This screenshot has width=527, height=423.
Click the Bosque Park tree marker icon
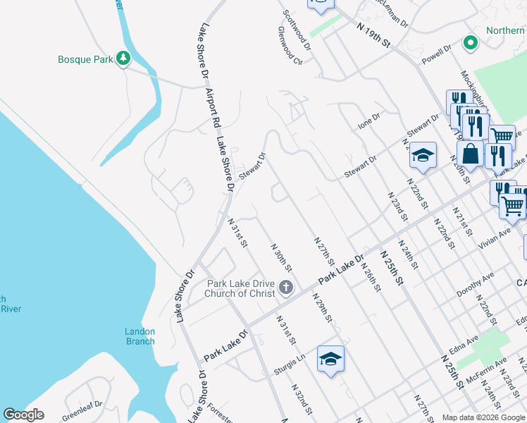click(x=124, y=58)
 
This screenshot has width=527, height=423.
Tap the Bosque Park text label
click(x=85, y=59)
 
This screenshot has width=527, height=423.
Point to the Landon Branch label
click(x=139, y=336)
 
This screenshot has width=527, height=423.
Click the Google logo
click(x=23, y=415)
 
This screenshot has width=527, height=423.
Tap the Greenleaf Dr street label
click(x=82, y=406)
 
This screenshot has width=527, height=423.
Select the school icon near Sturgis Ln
click(x=330, y=359)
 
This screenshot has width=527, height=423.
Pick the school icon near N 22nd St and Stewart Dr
click(x=423, y=156)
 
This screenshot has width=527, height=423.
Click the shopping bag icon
click(x=470, y=154)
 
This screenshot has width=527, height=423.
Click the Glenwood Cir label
click(x=290, y=46)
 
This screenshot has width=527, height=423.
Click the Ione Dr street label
click(x=369, y=121)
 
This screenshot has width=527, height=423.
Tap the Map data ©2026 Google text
click(x=483, y=417)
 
